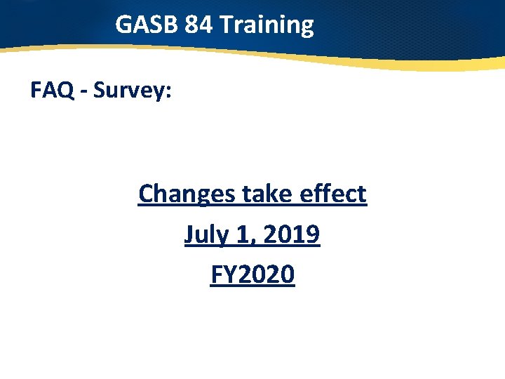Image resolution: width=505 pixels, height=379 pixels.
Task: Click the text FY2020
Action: coord(252,274)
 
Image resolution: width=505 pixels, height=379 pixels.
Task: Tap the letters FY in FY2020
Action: coord(222,274)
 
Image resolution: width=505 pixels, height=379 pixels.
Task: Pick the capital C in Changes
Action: coord(147,193)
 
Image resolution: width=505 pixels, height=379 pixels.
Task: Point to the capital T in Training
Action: coord(226,25)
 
